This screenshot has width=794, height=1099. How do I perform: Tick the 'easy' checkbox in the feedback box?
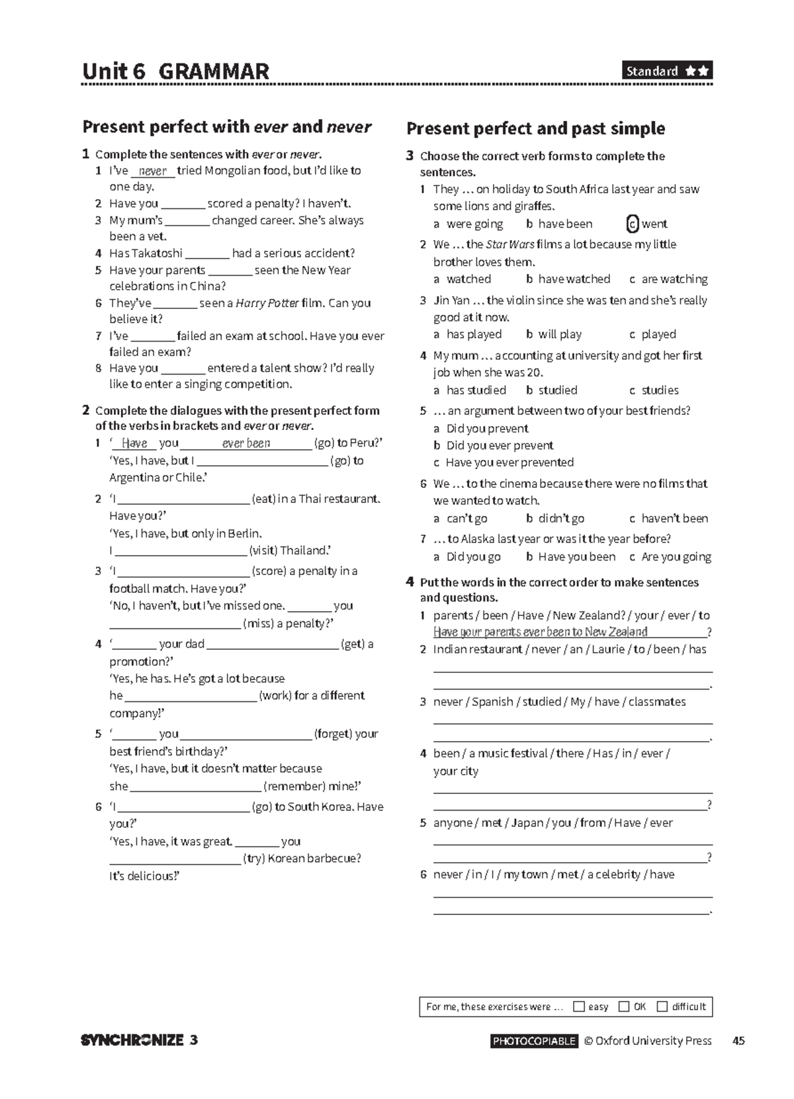coord(579,1006)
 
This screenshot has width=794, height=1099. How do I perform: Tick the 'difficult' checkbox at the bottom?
coord(662,1006)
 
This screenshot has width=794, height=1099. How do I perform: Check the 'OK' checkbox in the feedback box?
coord(624,1006)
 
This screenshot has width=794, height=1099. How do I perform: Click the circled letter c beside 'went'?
coord(633,224)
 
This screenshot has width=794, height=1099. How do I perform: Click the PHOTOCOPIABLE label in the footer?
coord(534,1041)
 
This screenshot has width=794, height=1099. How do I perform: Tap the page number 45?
coord(738,1041)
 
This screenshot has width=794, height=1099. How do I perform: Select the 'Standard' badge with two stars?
coord(667,71)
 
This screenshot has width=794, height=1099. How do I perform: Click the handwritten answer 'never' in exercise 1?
coord(153,171)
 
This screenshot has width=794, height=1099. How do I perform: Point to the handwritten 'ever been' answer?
coord(246,443)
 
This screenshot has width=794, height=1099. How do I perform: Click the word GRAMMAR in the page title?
coord(214,71)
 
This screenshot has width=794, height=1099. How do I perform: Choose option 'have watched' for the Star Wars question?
coord(574,279)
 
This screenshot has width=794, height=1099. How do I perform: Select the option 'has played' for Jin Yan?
coord(474,334)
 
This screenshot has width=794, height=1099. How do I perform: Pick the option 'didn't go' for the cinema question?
coord(560,518)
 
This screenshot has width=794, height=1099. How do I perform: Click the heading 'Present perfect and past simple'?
coord(536,128)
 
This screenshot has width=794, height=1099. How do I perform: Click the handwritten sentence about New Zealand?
coord(540,632)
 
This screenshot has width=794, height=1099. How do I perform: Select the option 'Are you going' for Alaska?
coord(676,556)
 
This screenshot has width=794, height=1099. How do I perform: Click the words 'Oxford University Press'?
coord(653,1041)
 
